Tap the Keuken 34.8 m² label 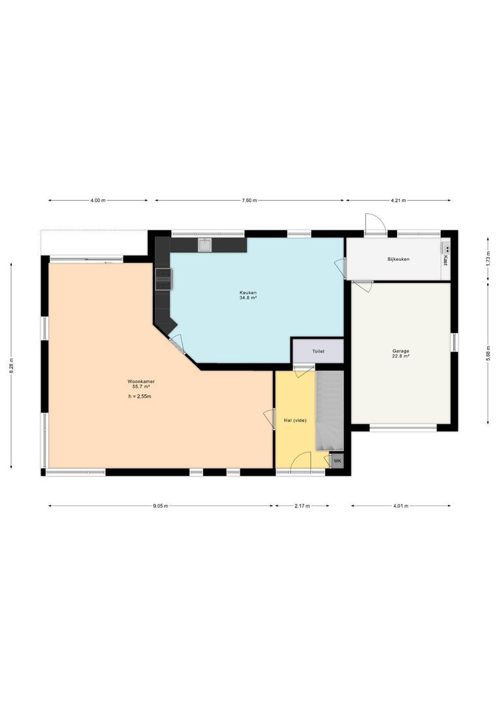(x=248, y=295)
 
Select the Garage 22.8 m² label (x=400, y=354)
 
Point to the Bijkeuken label (x=398, y=260)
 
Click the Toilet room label (x=318, y=351)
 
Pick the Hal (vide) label (x=295, y=420)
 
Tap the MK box (x=337, y=462)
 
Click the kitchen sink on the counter (x=204, y=245)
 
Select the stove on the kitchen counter (x=163, y=278)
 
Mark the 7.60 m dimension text (x=249, y=201)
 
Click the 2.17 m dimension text (x=302, y=505)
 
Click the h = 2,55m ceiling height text (x=140, y=397)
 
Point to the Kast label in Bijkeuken (x=445, y=260)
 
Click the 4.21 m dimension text (x=398, y=201)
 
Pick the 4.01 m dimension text (x=400, y=505)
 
